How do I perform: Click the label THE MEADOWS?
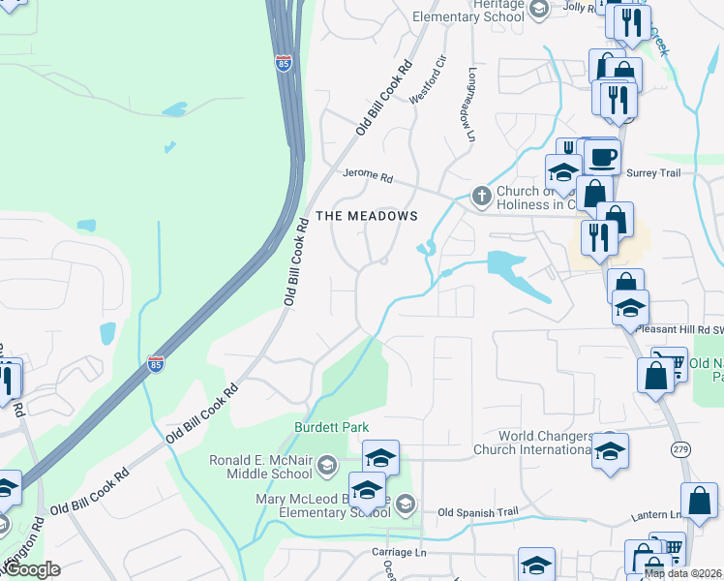click(367, 216)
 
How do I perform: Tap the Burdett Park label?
click(332, 427)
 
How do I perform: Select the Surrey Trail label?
click(654, 173)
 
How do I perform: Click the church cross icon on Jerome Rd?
click(481, 197)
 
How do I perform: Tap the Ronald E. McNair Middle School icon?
click(326, 467)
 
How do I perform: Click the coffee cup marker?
click(602, 157)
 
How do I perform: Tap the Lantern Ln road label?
click(653, 516)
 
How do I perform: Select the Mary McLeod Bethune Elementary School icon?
click(407, 505)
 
